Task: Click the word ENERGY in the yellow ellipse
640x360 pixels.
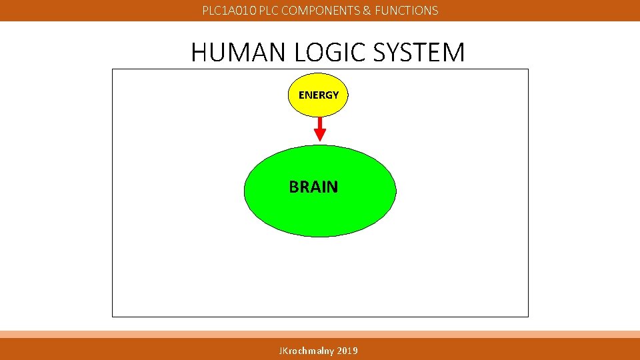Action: [319, 95]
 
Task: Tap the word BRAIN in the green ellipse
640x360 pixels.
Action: [313, 187]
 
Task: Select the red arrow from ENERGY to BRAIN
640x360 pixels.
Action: [320, 128]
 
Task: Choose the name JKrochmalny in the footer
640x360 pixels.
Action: [307, 351]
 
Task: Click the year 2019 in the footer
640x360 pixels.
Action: [347, 351]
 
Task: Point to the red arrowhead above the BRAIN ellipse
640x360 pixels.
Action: [320, 135]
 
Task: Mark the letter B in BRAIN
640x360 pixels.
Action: [294, 187]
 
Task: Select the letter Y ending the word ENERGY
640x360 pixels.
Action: [335, 95]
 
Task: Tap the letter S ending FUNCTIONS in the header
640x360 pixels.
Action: [435, 11]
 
